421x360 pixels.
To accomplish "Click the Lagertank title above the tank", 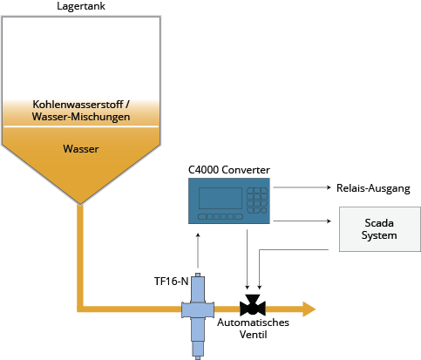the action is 81,6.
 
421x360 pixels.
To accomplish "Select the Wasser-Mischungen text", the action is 81,117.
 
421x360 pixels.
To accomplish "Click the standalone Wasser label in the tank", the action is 81,149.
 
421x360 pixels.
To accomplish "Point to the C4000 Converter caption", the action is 229,170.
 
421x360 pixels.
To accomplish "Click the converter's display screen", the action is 221,198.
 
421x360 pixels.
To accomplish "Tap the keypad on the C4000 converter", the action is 257,200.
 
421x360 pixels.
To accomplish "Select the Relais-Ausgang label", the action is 373,188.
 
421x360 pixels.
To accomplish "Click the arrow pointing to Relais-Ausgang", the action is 302,187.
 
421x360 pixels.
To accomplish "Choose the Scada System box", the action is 380,229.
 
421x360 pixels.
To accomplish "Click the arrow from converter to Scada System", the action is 302,221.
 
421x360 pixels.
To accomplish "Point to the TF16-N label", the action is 171,282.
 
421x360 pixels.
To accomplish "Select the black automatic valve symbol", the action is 253,305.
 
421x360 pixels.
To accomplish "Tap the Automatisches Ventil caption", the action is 253,329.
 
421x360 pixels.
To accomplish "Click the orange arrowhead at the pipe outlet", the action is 309,309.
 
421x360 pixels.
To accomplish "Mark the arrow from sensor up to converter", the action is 198,250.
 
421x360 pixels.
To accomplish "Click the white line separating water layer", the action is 81,126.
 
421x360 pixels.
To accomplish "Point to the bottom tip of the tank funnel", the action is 80,204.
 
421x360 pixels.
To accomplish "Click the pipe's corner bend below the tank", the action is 80,309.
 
